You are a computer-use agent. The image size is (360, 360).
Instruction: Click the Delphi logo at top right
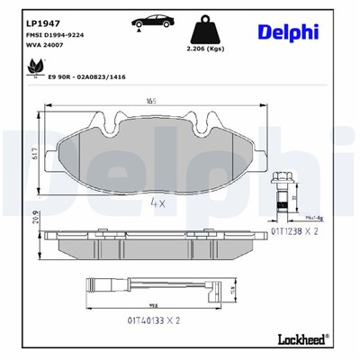point(288,32)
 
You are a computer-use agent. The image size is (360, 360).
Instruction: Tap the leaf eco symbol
point(36,67)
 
